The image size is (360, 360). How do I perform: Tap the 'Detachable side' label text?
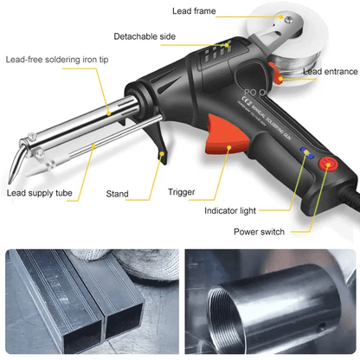pyautogui.click(x=145, y=36)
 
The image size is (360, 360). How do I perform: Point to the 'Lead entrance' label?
pyautogui.click(x=331, y=71)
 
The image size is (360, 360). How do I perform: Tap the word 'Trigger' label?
pyautogui.click(x=183, y=192)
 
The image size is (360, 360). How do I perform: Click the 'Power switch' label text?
pyautogui.click(x=260, y=231)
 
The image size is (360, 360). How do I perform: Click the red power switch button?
pyautogui.click(x=329, y=164)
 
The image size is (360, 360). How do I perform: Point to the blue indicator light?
pyautogui.click(x=305, y=151)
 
